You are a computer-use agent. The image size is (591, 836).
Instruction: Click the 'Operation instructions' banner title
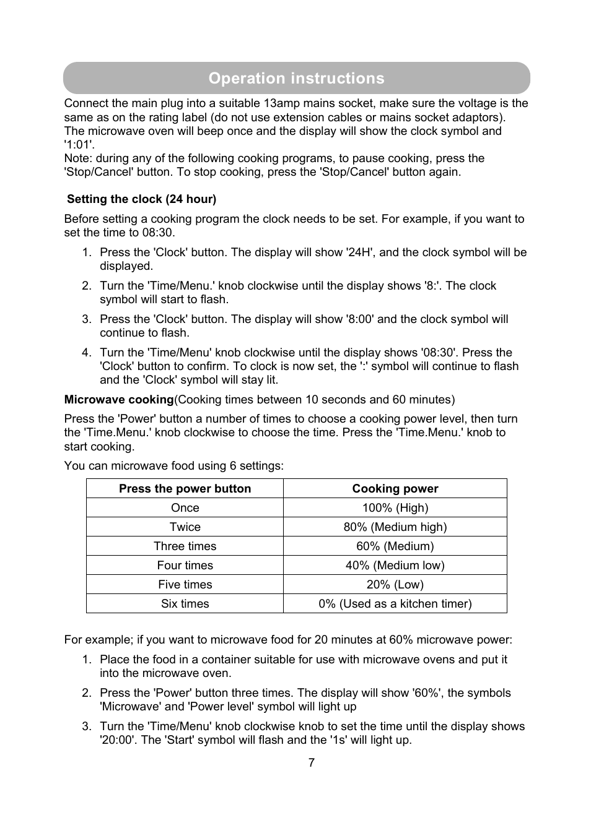coord(296,78)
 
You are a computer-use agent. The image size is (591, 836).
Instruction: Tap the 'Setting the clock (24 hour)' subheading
coord(142,199)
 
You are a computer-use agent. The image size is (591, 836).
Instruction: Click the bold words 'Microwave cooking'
coord(119,400)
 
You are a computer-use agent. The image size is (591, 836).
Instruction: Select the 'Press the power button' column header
coord(185,489)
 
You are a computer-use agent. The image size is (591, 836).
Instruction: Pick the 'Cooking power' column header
coord(395,489)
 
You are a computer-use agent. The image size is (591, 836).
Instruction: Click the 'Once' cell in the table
coord(185,508)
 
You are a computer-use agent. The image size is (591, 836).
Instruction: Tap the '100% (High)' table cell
coord(395,508)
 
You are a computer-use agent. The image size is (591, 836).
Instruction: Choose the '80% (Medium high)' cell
coord(395,527)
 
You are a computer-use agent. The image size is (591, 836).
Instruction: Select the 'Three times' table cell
coord(185,546)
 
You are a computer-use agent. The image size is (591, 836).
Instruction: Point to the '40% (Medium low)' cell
coord(395,566)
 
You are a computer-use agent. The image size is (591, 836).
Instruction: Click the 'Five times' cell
coord(185,585)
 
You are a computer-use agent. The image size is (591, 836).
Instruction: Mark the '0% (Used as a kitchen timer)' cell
coord(395,604)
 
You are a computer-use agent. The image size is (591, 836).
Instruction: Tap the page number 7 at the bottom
coord(312,763)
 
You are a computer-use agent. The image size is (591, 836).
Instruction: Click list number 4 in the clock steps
coord(87,353)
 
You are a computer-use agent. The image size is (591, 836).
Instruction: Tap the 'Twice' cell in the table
coord(185,527)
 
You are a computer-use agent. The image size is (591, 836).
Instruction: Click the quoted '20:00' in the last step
coord(117,740)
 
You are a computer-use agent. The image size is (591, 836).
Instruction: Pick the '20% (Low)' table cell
coord(395,585)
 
